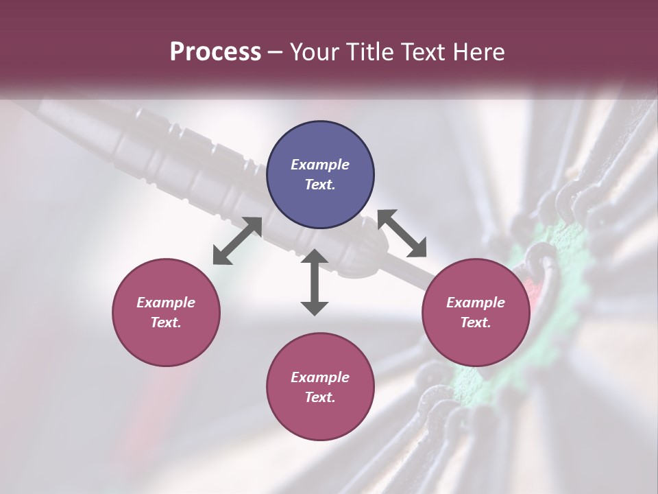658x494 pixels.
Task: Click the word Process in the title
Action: tap(215, 51)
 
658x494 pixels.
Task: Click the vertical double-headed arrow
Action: tap(315, 283)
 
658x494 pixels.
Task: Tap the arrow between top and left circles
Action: tap(237, 241)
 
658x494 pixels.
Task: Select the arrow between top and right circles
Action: tap(402, 234)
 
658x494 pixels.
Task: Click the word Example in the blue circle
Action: tap(320, 165)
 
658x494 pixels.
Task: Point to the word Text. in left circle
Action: tap(166, 322)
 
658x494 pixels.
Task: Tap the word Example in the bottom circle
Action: tap(320, 377)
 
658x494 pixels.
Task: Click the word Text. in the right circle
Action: tap(476, 322)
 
